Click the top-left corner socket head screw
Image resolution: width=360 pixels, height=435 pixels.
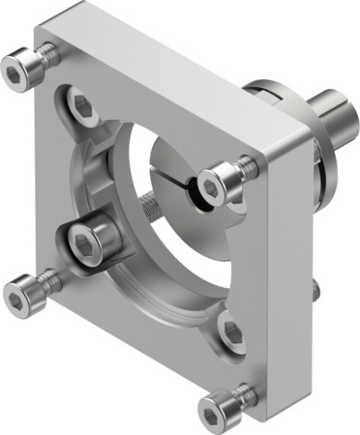tap(20, 69)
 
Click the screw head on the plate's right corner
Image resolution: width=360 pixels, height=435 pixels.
tap(217, 180)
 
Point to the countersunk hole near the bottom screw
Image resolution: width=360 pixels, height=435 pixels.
tap(231, 332)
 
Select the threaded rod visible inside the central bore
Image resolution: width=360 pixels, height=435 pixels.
tap(151, 206)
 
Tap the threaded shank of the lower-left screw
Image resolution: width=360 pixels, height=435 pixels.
tap(47, 281)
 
